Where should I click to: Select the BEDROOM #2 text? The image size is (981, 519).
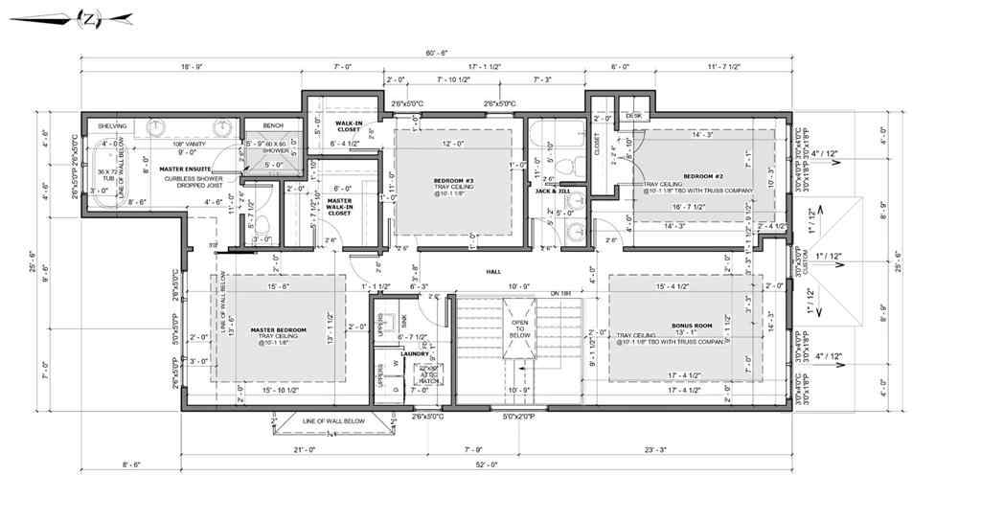721,176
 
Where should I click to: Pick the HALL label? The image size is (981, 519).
493,272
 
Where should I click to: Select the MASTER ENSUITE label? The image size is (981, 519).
185,169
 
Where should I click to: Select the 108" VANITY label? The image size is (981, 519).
179,142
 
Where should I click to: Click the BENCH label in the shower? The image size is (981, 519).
272,125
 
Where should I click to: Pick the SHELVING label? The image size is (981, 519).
113,125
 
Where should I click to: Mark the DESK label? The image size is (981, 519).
632,114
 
